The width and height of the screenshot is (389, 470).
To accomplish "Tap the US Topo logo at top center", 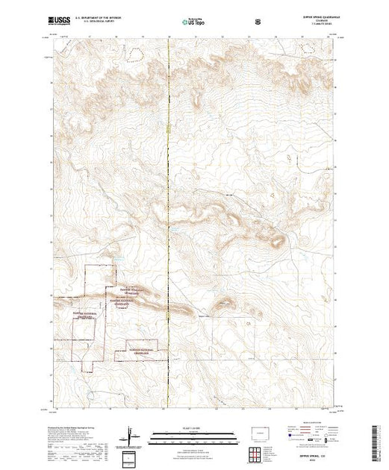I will pos(193,23).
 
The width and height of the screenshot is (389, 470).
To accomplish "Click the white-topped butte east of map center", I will pos(277,240).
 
